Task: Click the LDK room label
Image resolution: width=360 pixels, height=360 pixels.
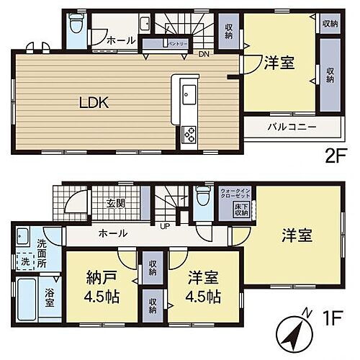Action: click(94, 103)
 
